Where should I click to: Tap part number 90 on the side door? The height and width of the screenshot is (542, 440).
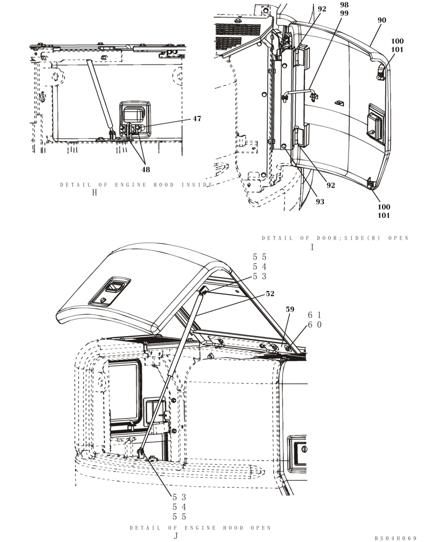click(381, 20)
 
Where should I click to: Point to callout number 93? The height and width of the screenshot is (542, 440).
click(320, 202)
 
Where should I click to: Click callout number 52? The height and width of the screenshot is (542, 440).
click(270, 294)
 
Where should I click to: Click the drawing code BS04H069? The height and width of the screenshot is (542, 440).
click(395, 538)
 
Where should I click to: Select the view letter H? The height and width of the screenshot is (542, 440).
click(95, 193)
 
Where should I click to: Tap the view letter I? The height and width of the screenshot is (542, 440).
click(312, 247)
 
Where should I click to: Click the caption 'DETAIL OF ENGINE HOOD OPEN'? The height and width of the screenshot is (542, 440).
click(200, 527)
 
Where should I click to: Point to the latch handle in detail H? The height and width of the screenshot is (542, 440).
click(133, 115)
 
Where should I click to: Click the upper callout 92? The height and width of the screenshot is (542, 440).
click(322, 9)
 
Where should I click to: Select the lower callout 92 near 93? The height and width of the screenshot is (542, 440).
click(331, 185)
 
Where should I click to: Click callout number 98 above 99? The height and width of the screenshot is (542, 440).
click(344, 5)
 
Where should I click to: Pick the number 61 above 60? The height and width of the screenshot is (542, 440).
click(315, 315)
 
